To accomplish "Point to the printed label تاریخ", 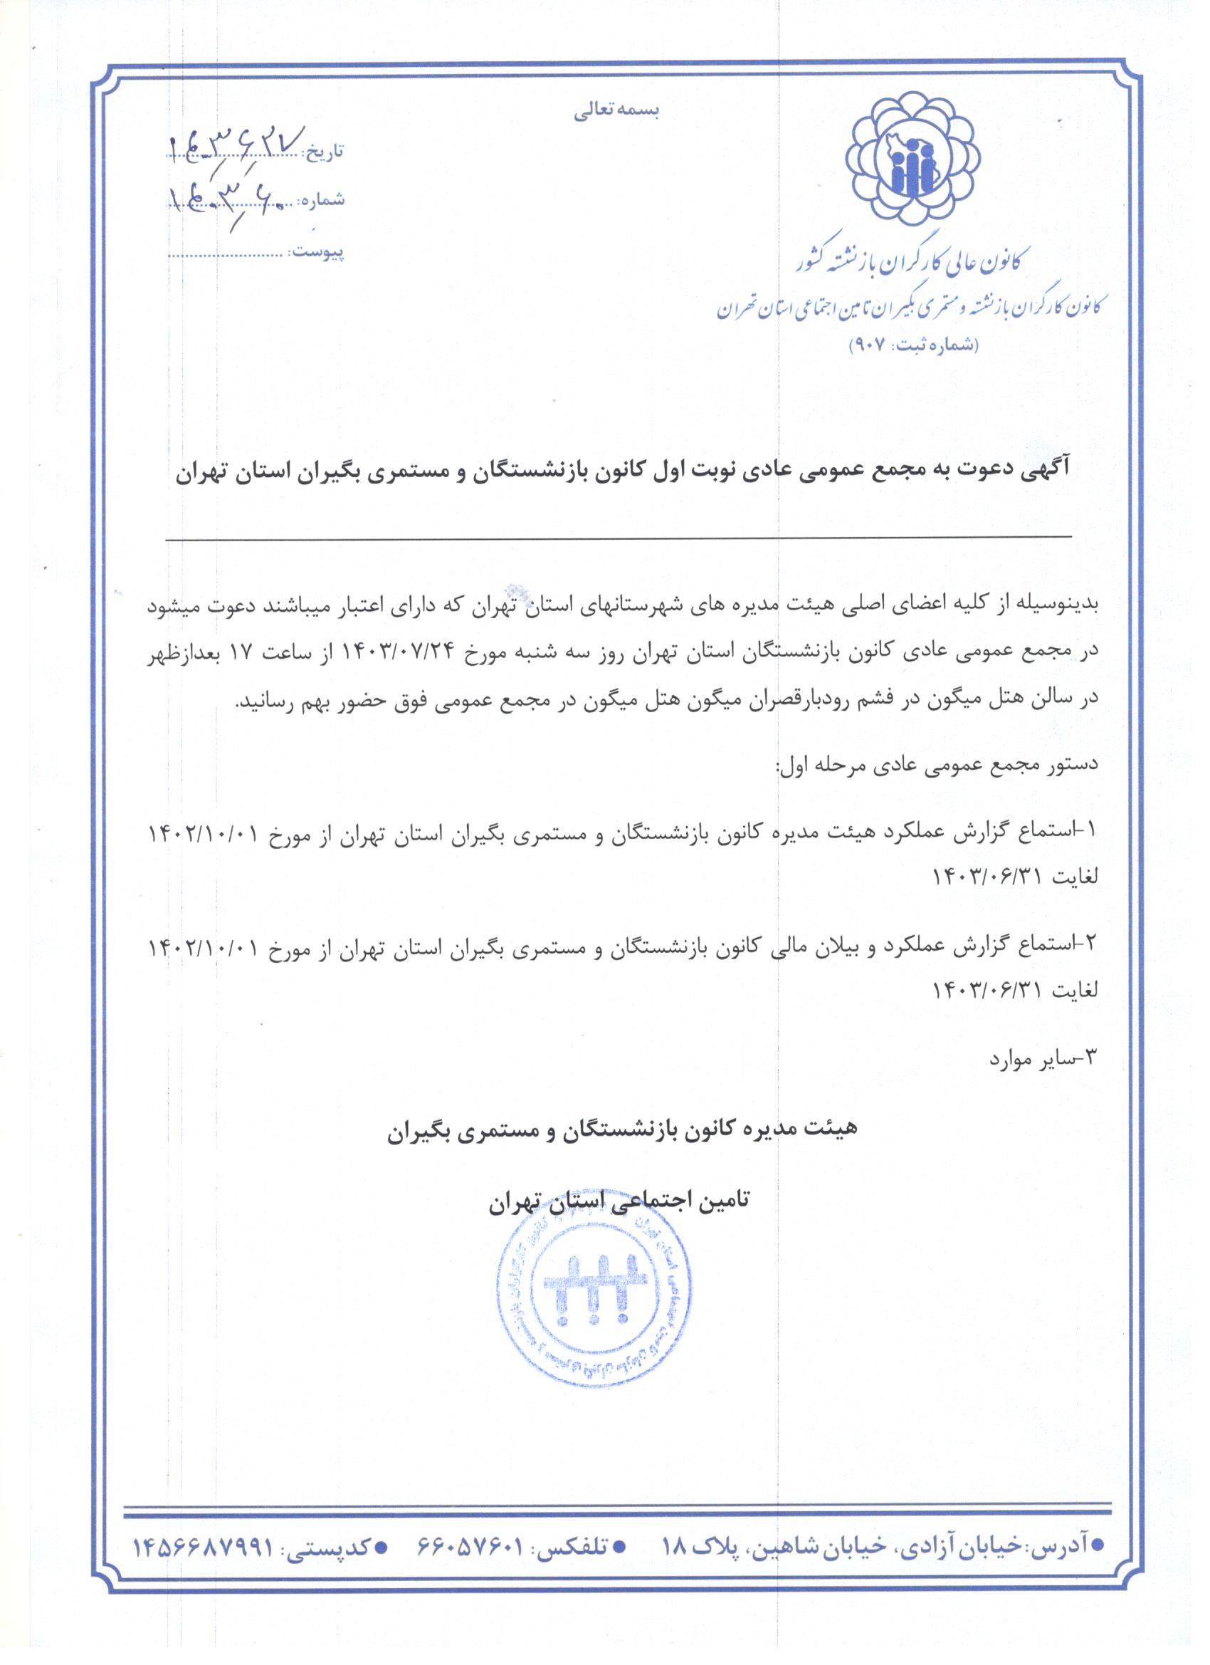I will pyautogui.click(x=324, y=152).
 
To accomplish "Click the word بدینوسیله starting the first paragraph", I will pyautogui.click(x=1060, y=605).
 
